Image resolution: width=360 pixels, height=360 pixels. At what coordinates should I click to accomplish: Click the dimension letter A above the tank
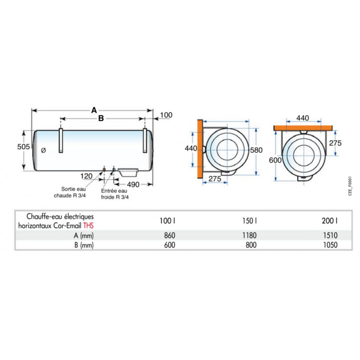click(x=94, y=110)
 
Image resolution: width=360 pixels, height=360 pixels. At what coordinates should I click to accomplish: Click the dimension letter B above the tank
click(x=101, y=118)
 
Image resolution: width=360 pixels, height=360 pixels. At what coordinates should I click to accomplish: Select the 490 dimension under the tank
click(x=134, y=184)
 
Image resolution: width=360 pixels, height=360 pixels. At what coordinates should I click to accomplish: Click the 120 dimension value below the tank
click(x=87, y=176)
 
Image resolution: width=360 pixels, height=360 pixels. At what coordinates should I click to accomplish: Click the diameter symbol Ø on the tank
click(x=43, y=150)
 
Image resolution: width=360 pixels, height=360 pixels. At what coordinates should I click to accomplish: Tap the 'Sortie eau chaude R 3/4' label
click(x=75, y=192)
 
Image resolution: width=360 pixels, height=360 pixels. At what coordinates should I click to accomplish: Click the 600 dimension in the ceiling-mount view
click(x=275, y=160)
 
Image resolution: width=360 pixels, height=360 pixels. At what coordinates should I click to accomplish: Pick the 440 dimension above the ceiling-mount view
click(x=303, y=118)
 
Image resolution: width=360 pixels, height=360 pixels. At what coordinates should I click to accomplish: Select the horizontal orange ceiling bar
click(x=303, y=127)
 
